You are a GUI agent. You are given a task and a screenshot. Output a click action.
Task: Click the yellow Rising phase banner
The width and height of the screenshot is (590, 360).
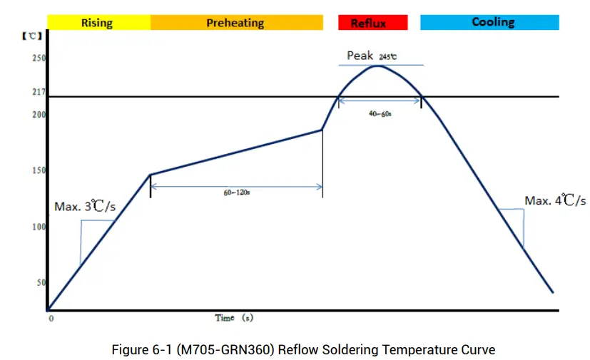[x=98, y=23]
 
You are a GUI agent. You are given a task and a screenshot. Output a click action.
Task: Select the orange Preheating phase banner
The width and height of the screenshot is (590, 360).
[x=235, y=23]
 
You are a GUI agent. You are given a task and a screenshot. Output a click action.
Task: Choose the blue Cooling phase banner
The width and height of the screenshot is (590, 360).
[x=489, y=22]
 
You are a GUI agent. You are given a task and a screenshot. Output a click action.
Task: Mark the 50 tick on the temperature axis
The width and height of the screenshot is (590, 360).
[x=41, y=283]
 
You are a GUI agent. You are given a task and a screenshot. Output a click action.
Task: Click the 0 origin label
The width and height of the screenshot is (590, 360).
[x=51, y=319]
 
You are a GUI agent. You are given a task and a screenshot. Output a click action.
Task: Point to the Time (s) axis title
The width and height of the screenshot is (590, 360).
[x=234, y=318]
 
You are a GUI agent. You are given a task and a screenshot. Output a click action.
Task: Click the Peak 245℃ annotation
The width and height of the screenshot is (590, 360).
[x=372, y=56]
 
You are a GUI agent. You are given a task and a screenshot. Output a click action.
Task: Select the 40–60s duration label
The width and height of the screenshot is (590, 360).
[x=380, y=114]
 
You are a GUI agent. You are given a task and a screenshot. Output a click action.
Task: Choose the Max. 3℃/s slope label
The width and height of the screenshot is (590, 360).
[x=85, y=207]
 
